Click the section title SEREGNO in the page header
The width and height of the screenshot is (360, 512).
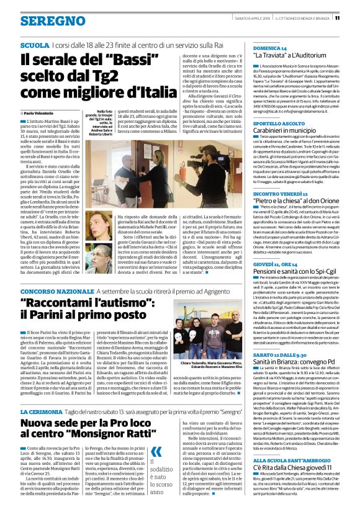point(43,20)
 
